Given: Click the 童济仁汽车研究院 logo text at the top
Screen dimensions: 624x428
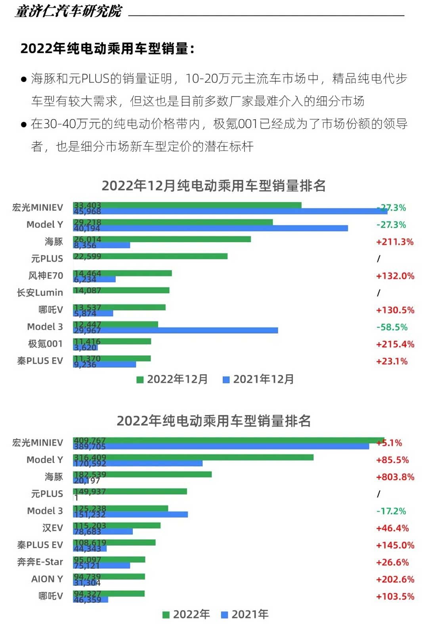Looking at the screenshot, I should [x=68, y=11].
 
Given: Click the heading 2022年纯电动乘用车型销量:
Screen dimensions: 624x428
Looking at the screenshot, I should [x=107, y=48].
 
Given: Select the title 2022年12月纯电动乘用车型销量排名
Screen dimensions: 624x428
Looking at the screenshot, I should [x=214, y=186].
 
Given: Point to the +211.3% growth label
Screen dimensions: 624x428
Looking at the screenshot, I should [x=394, y=242].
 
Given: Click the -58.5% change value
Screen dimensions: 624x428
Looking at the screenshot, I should [x=392, y=327].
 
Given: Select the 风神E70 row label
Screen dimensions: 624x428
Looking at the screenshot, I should [x=46, y=276].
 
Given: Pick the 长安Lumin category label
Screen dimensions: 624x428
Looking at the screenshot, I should [x=40, y=293].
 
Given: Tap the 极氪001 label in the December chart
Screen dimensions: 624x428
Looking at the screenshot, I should [x=45, y=344].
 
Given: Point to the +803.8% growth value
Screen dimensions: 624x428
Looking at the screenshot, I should [x=395, y=477].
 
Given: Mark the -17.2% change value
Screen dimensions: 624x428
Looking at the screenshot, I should [x=391, y=511].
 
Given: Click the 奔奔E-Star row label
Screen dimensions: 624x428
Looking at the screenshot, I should [x=40, y=562].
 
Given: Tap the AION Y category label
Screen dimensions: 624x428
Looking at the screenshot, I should [x=47, y=579].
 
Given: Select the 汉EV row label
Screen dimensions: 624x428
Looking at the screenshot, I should [x=52, y=528].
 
